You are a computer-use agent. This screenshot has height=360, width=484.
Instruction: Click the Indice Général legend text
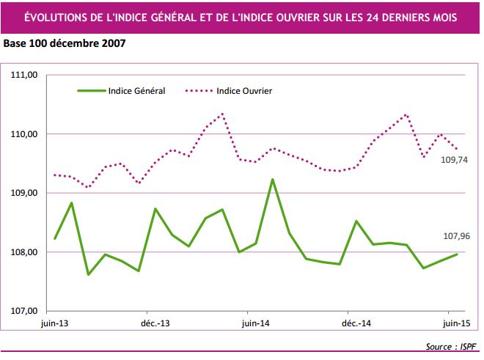[x=136, y=91]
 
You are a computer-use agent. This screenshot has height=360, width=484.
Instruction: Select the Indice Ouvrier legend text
[x=245, y=91]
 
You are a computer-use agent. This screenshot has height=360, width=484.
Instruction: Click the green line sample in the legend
[x=91, y=91]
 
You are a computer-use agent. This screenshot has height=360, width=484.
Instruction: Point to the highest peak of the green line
[x=272, y=180]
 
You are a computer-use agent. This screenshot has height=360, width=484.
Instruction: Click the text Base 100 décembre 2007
[x=65, y=43]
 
